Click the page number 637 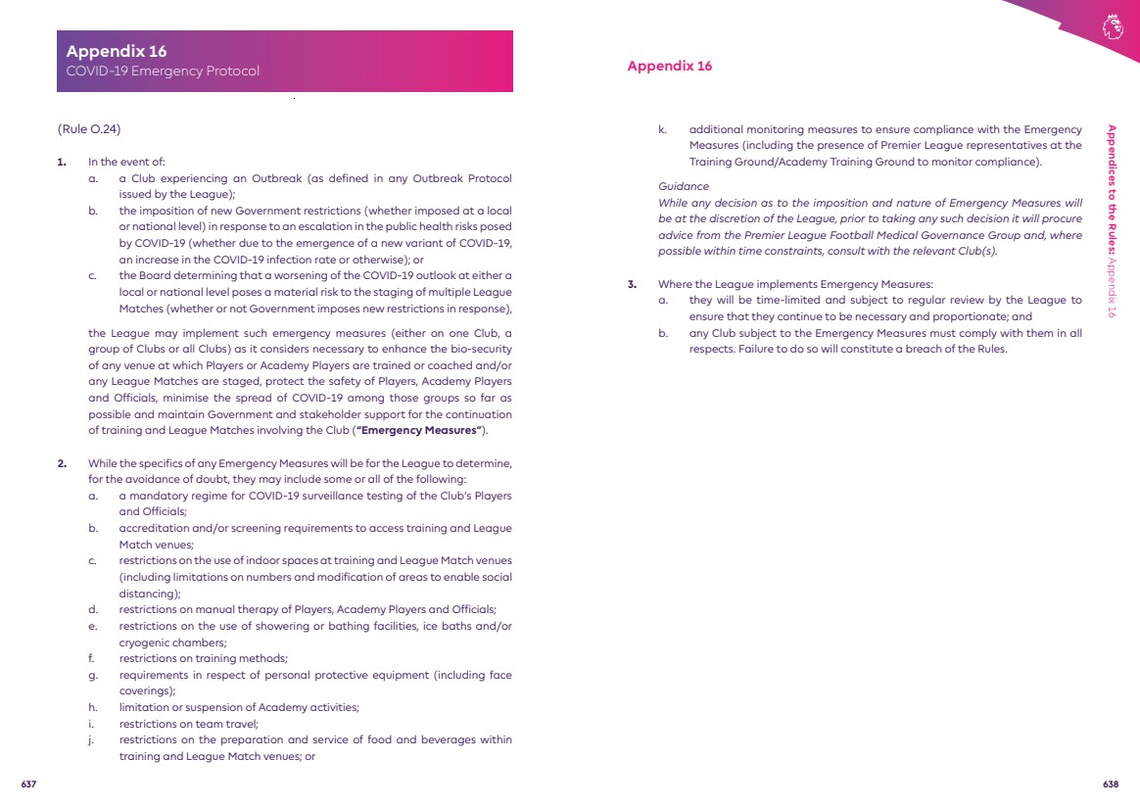tap(28, 784)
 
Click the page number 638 tap(1111, 784)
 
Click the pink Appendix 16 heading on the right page tap(669, 67)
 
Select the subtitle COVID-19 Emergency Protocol tap(163, 71)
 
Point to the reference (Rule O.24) tap(89, 129)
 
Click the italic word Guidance tap(683, 186)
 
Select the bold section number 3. tap(633, 285)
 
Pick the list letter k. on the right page tap(663, 129)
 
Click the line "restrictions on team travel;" tap(188, 724)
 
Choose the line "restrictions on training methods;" tap(203, 658)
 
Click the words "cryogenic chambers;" tap(172, 642)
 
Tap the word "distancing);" tap(149, 594)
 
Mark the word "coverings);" tap(147, 690)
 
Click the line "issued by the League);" tap(176, 195)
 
